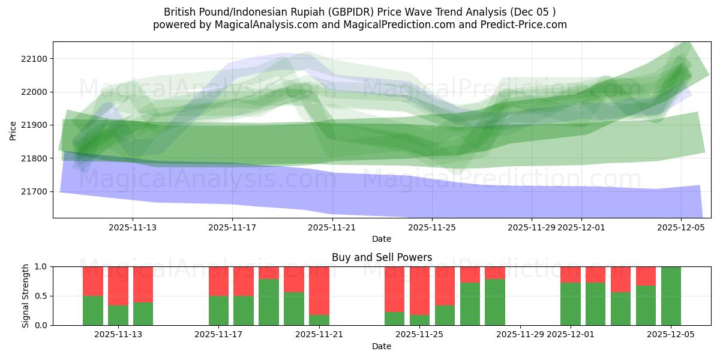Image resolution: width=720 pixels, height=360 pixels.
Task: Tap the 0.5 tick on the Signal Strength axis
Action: [42, 296]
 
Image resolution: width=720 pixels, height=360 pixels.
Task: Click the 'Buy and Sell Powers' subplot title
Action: [382, 257]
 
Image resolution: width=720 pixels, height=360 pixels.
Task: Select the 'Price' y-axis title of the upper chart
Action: [14, 130]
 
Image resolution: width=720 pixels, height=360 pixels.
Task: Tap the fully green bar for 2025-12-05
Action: [671, 296]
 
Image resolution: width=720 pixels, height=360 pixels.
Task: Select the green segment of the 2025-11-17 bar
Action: [218, 310]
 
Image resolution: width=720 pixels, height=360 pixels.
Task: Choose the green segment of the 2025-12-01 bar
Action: [570, 304]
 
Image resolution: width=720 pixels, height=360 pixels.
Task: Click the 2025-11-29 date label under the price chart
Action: [531, 228]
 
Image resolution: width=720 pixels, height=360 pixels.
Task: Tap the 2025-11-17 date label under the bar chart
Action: [218, 335]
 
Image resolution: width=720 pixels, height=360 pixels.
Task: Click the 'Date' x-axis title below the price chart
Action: [382, 239]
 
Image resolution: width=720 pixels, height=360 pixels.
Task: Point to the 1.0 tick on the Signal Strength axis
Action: [42, 266]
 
